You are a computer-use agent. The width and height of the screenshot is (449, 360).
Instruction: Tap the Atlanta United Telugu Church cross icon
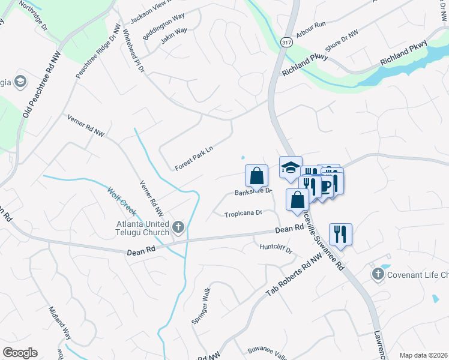pos(178,227)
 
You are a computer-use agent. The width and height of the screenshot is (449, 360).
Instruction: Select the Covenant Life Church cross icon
pos(378,275)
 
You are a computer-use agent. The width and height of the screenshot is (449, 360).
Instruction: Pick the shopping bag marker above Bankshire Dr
pos(256,176)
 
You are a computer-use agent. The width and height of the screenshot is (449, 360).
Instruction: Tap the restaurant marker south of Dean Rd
pos(340,234)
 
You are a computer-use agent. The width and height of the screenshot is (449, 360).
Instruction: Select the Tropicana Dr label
pos(244,214)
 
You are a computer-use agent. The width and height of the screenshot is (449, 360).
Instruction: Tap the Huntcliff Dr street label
pos(276,248)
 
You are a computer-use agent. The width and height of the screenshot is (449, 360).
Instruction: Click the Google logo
pos(20,353)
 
